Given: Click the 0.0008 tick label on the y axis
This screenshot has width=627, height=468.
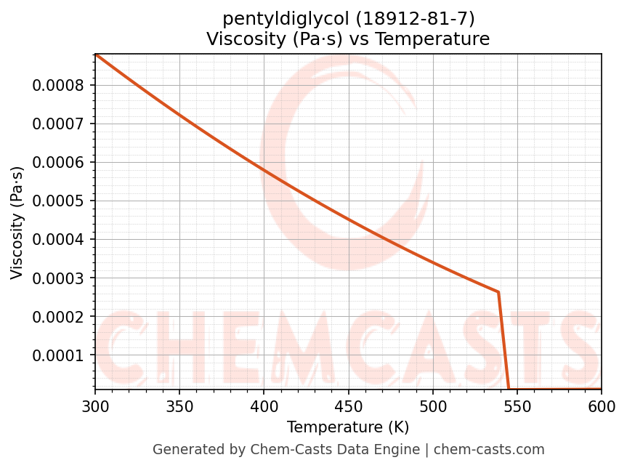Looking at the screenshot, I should pyautogui.click(x=58, y=85).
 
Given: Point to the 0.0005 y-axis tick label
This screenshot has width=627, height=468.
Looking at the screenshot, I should pyautogui.click(x=58, y=201).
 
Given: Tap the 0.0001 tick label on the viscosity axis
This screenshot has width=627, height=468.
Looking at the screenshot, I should pyautogui.click(x=58, y=355).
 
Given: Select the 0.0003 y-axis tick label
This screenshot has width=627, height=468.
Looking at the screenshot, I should pyautogui.click(x=58, y=278).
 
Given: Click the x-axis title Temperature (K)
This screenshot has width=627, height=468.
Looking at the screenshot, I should pyautogui.click(x=348, y=427).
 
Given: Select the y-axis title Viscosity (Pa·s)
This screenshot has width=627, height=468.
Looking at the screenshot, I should pyautogui.click(x=17, y=222).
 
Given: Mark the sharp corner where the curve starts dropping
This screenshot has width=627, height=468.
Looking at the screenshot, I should pyautogui.click(x=498, y=292).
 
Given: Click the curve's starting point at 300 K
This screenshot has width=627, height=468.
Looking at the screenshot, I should pyautogui.click(x=96, y=55).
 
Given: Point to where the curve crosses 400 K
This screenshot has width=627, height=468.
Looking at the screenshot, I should pyautogui.click(x=264, y=171).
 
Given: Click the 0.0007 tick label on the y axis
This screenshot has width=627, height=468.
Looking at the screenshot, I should pyautogui.click(x=58, y=124).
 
